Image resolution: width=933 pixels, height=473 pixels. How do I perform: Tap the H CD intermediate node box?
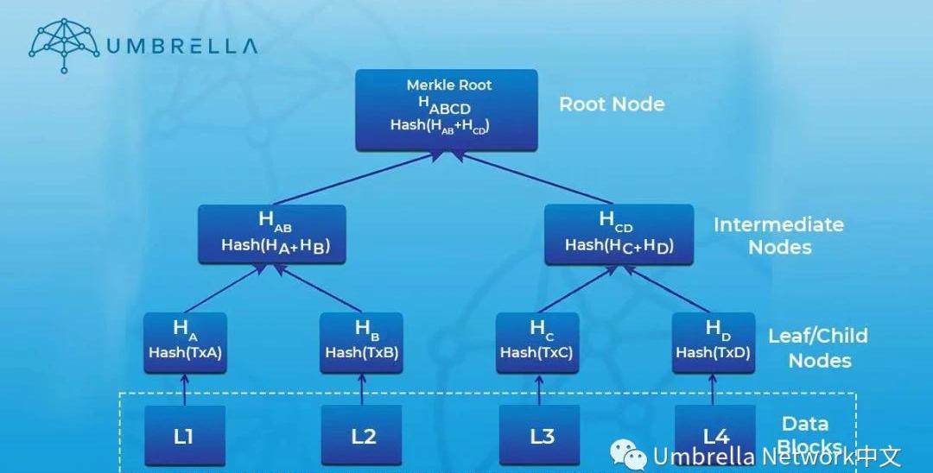pyautogui.click(x=619, y=233)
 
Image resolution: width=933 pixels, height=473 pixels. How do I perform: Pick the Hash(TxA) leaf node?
pyautogui.click(x=185, y=342)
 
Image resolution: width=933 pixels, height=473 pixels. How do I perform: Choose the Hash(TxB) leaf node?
pyautogui.click(x=361, y=342)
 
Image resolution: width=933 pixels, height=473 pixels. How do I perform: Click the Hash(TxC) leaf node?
pyautogui.click(x=537, y=342)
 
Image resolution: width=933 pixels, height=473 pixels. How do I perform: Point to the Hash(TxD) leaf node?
pyautogui.click(x=713, y=342)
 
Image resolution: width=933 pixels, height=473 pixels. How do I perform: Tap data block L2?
pyautogui.click(x=362, y=435)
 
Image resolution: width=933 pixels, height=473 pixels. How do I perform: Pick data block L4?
pyautogui.click(x=715, y=432)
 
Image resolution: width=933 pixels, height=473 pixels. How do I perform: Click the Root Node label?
pyautogui.click(x=612, y=104)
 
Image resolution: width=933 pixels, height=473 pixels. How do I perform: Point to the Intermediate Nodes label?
pyautogui.click(x=779, y=236)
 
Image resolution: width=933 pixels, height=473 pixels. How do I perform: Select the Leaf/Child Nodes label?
pyautogui.click(x=818, y=347)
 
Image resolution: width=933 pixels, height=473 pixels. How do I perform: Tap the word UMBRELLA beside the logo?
pyautogui.click(x=181, y=46)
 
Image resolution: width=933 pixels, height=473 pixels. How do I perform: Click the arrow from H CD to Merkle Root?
pyautogui.click(x=536, y=178)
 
